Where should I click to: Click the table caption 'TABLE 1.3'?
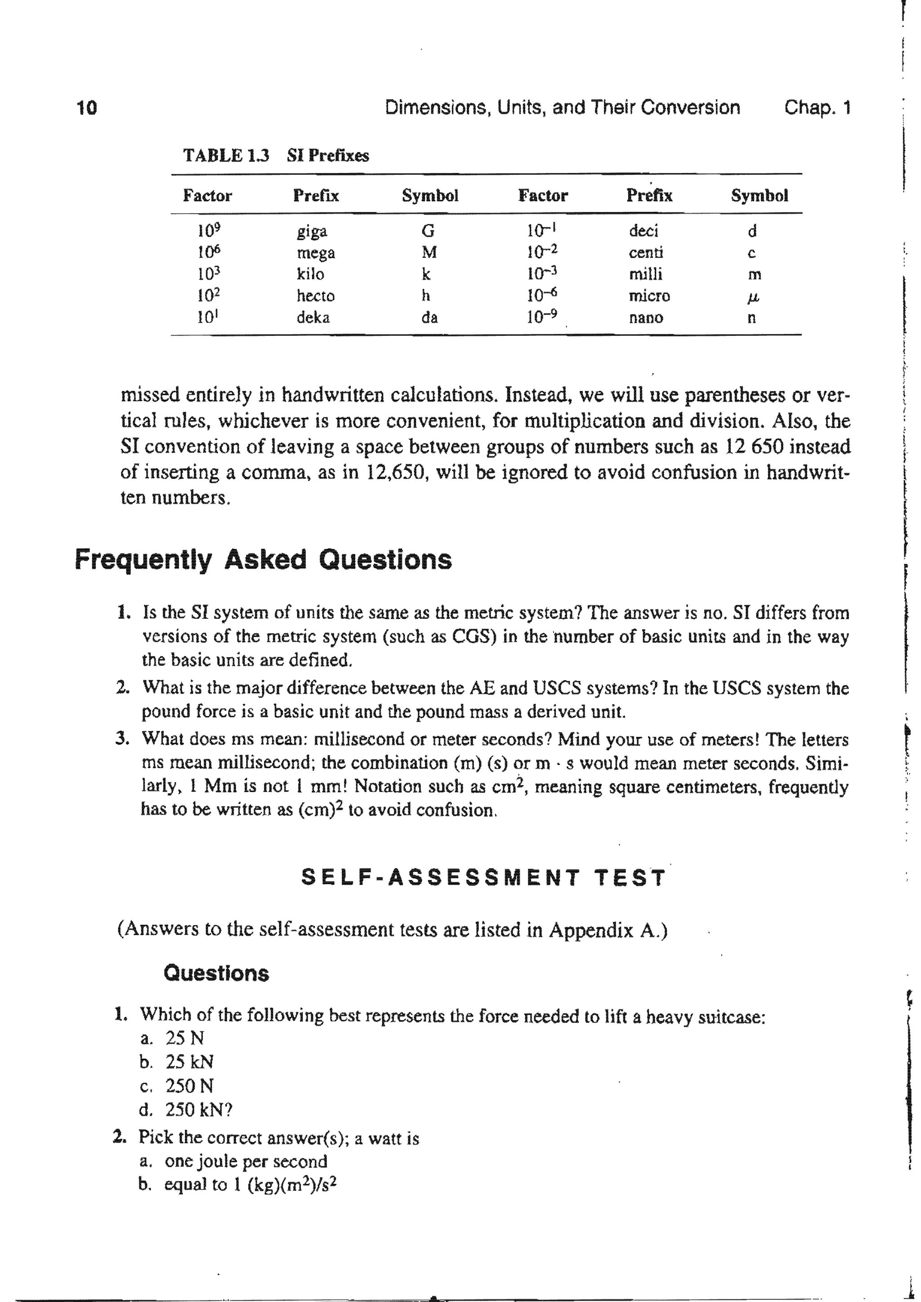[x=226, y=155]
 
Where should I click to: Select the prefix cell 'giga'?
[x=312, y=231]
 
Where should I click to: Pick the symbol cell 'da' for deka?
[x=429, y=318]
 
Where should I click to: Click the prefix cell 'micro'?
[x=649, y=296]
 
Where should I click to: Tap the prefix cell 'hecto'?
[x=315, y=296]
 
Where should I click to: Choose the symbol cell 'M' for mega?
[x=429, y=252]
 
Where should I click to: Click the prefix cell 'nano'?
[x=645, y=318]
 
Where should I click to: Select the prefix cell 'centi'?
[x=645, y=252]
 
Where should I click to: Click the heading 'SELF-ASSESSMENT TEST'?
[x=483, y=878]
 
